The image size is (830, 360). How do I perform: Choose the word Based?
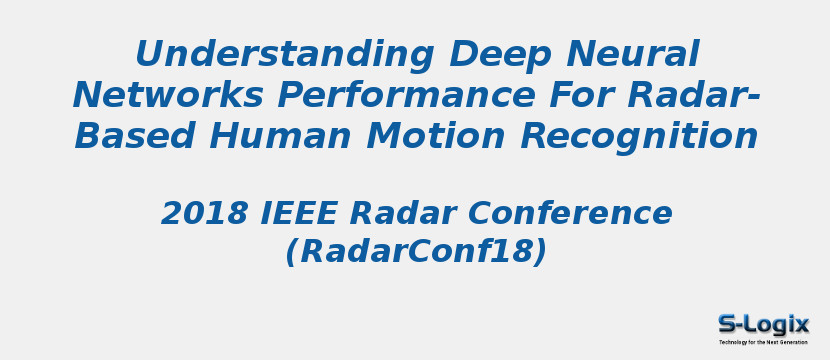[127, 135]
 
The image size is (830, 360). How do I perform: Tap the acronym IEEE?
[291, 213]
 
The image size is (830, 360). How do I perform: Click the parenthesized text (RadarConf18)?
[416, 252]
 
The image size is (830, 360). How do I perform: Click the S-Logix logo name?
[763, 323]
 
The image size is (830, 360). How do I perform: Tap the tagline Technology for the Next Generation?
[763, 342]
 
